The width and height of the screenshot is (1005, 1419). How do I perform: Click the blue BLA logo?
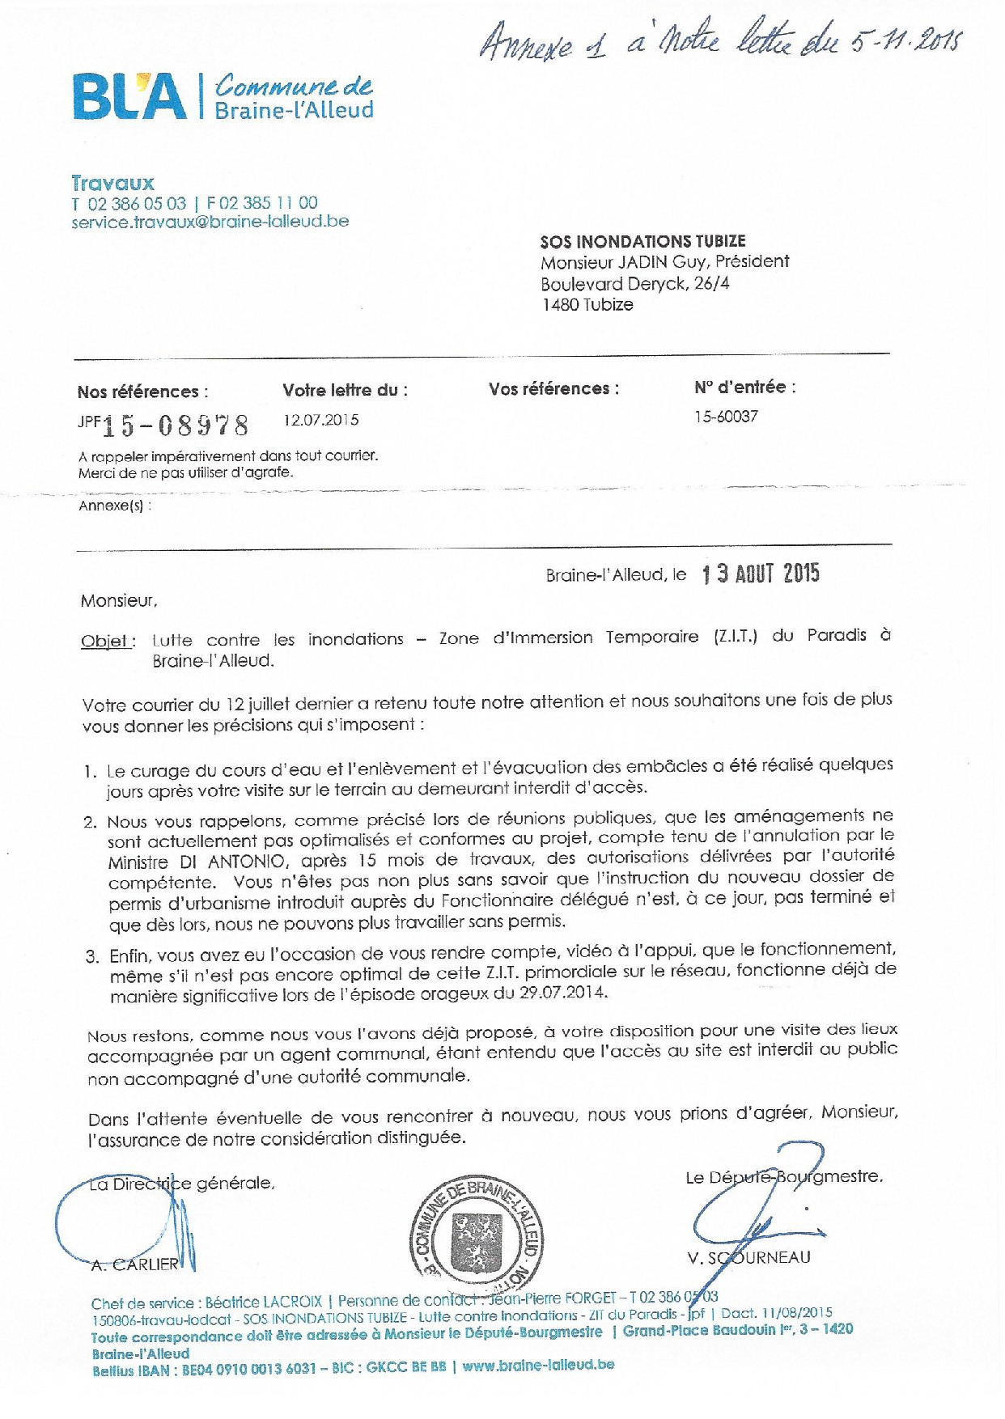[129, 97]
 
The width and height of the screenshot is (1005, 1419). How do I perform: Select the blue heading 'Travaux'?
[112, 183]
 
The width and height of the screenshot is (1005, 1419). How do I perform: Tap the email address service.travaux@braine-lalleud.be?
[210, 221]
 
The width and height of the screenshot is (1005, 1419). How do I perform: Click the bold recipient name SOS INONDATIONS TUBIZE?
[642, 241]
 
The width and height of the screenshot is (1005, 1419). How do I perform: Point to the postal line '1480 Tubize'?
[587, 305]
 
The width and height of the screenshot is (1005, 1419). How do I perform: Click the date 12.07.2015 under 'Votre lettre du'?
[320, 420]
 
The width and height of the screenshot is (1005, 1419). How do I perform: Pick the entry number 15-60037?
[726, 417]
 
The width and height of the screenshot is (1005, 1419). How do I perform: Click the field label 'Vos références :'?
[553, 389]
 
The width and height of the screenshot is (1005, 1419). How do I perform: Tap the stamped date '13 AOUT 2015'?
[761, 574]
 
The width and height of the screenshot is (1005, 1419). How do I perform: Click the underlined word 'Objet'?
[105, 642]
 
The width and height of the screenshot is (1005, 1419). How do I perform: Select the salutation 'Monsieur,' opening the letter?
[119, 601]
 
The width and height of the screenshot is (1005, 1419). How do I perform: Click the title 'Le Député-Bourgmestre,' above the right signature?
[783, 1177]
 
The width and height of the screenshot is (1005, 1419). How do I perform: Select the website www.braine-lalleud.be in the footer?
[538, 1365]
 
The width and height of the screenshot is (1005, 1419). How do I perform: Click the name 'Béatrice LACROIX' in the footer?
[263, 1303]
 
